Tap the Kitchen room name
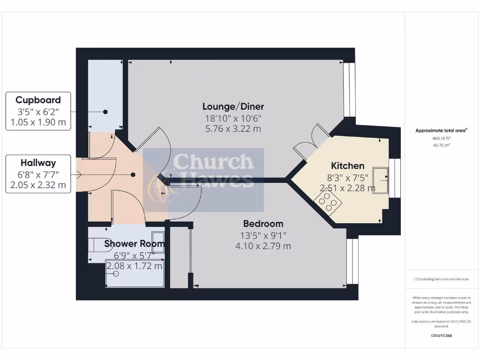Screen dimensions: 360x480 tap(347, 165)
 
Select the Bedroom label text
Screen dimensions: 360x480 tap(263, 224)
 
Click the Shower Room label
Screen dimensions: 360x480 tap(134, 244)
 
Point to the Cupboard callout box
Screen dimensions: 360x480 tap(38, 112)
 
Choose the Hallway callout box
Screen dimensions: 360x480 tap(38, 174)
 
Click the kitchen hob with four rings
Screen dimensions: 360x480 tap(327, 203)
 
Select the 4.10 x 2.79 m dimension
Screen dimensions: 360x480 tap(263, 246)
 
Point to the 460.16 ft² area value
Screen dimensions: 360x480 tap(442, 138)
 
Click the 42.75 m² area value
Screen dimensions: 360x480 tap(442, 145)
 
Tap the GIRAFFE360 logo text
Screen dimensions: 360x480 tap(442, 336)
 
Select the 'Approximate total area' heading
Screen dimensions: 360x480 tap(441, 131)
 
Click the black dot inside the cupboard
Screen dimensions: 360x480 tap(105, 112)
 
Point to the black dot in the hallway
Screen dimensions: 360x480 tap(133, 175)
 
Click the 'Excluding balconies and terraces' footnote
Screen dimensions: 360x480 tap(441, 279)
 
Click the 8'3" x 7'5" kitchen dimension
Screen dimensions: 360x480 tap(347, 177)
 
